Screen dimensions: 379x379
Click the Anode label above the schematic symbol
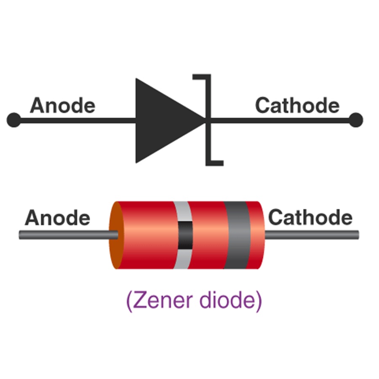pos(62,105)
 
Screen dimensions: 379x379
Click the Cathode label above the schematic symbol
pos(297,105)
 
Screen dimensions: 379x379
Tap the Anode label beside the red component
pos(57,218)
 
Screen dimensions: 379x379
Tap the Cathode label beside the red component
pos(310,218)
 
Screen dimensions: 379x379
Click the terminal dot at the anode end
pos(13,120)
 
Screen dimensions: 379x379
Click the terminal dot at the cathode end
pos(356,120)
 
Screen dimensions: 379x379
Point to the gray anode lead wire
pos(63,235)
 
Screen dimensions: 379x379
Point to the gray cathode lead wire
pos(312,234)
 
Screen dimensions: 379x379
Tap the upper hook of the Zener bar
pos(200,77)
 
